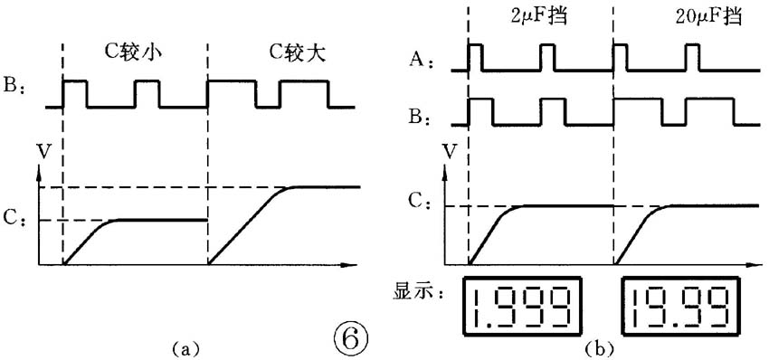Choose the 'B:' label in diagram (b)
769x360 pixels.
coord(419,118)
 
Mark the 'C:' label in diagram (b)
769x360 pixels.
coord(419,204)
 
